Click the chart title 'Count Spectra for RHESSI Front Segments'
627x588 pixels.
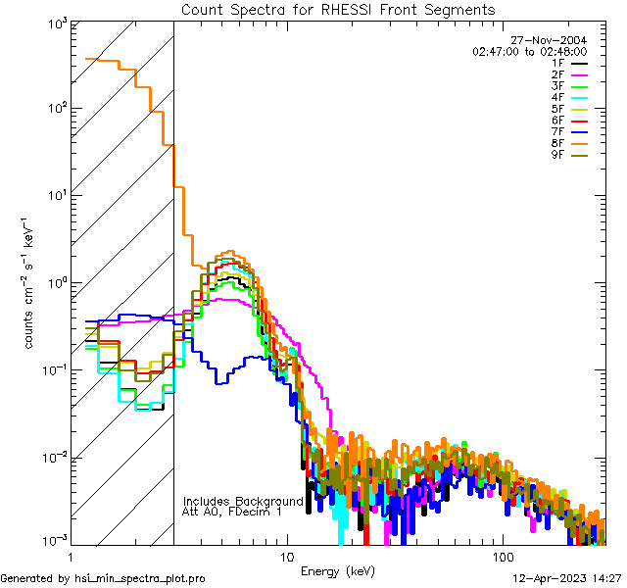[x=338, y=10]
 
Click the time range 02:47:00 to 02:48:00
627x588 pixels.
[x=529, y=51]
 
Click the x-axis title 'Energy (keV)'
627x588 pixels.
[x=338, y=569]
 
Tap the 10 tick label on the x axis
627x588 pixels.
[x=286, y=557]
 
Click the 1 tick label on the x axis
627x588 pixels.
[x=71, y=557]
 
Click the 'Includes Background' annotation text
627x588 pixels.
[x=243, y=501]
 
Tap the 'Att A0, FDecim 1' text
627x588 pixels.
[x=232, y=512]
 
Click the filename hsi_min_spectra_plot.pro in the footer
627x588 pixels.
[x=140, y=578]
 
